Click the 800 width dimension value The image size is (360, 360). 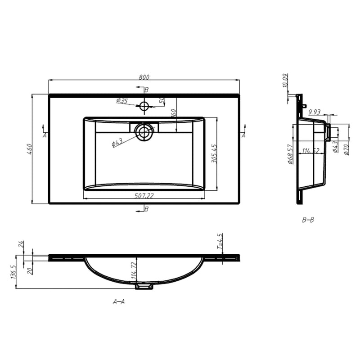pos(144,77)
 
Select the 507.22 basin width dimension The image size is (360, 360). pos(144,196)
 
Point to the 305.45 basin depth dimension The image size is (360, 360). pos(214,153)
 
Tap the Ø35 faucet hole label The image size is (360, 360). pos(122,101)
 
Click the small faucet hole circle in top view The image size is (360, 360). pos(144,107)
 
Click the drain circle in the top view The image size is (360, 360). pos(144,132)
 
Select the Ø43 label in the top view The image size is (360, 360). pos(117,143)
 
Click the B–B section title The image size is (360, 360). pos(308,220)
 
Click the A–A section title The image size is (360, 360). pos(119,301)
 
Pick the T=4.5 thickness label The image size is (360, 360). pos(220,241)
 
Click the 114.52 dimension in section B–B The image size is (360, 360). pos(310,151)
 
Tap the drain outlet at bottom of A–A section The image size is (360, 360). pos(144,286)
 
